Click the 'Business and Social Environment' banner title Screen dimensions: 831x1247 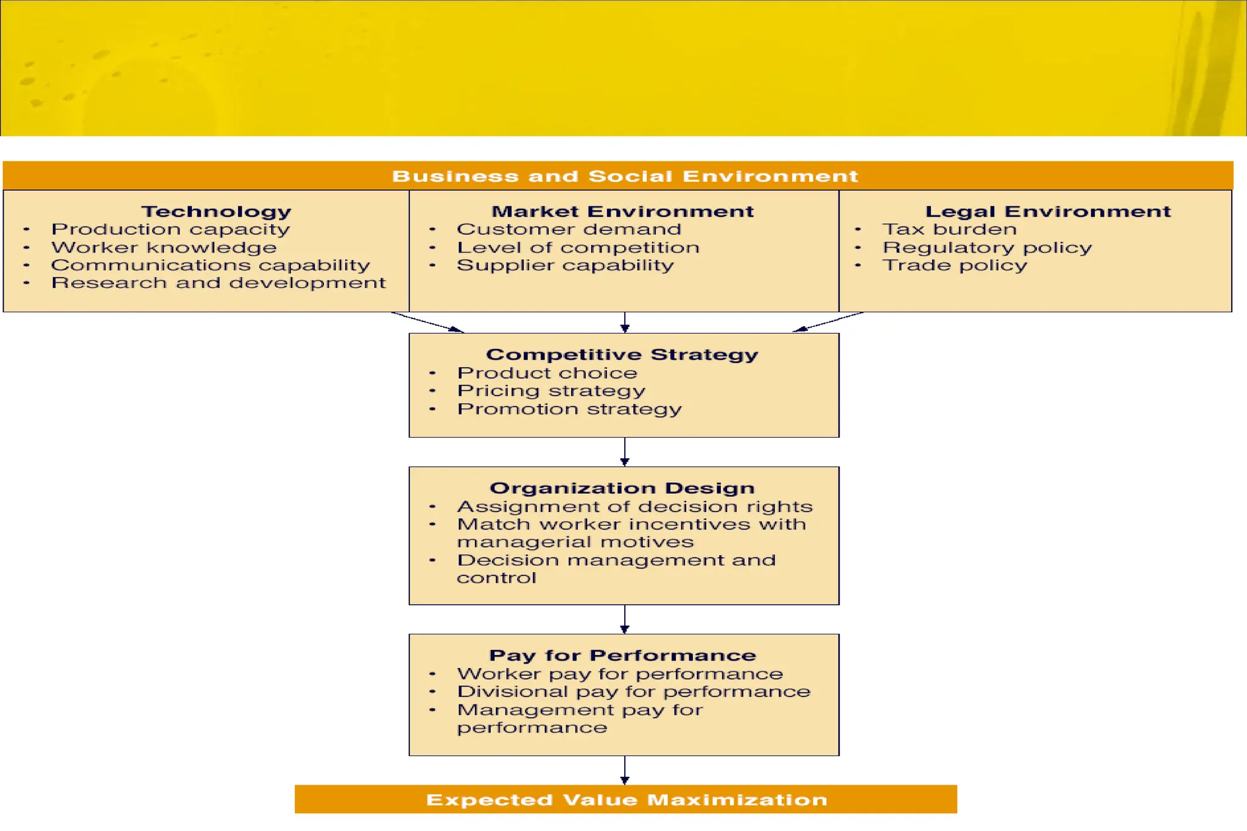tap(625, 176)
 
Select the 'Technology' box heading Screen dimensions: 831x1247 tap(216, 211)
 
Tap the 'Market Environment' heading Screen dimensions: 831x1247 tap(622, 211)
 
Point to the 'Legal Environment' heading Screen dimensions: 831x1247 tap(1048, 211)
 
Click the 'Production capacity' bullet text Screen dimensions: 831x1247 tap(170, 230)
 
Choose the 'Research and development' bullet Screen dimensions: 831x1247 tap(218, 283)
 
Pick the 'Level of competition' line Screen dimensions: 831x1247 tap(578, 248)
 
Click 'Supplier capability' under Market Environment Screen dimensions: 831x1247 tap(565, 265)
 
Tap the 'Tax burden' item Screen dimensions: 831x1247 tap(949, 230)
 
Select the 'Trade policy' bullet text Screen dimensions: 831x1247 tap(955, 265)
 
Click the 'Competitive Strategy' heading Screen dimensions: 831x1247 tap(622, 354)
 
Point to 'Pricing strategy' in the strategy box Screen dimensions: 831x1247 tap(551, 391)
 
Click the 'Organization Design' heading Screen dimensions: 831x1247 tap(622, 488)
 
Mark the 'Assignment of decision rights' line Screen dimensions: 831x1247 tap(634, 507)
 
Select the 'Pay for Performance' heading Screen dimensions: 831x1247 tap(622, 656)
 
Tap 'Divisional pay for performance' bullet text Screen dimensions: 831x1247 tap(633, 692)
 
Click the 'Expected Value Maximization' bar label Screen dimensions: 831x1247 tap(627, 800)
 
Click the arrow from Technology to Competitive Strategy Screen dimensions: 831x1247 tap(427, 322)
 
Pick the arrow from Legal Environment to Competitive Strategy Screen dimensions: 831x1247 tap(828, 322)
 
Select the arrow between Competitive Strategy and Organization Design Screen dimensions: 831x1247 tap(625, 452)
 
